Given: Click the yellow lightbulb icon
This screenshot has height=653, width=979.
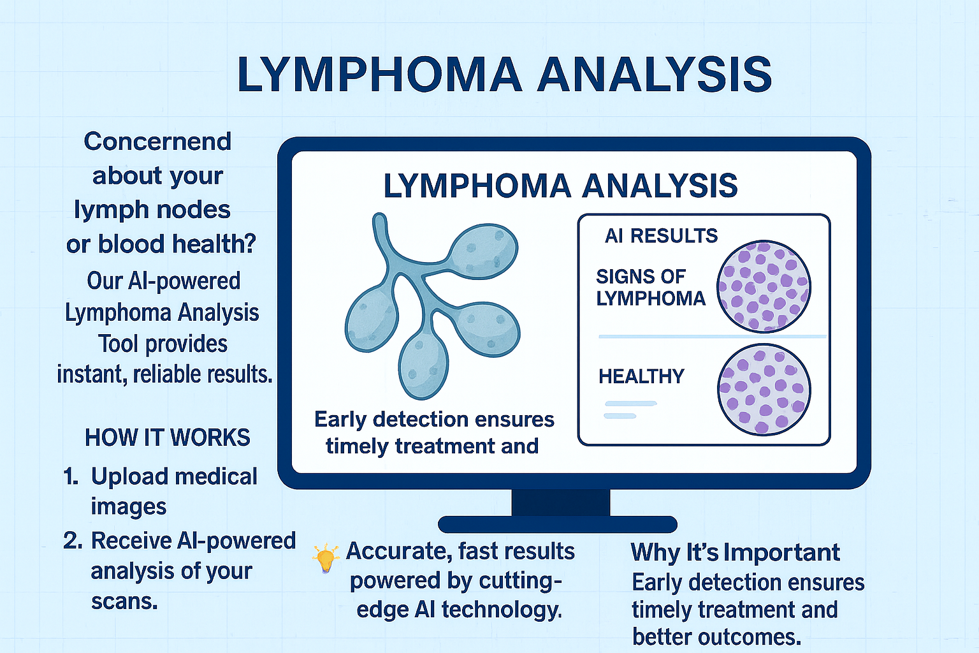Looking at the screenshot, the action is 326,557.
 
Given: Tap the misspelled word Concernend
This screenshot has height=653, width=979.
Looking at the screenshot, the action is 157,142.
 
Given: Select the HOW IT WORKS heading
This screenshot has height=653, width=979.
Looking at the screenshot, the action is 168,437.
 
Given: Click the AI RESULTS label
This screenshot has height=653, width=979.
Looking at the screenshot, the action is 661,236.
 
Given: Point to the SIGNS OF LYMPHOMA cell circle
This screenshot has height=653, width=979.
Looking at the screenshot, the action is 764,286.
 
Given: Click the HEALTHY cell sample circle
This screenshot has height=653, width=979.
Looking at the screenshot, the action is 764,390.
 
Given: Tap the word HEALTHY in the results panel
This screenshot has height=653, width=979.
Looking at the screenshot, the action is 641,376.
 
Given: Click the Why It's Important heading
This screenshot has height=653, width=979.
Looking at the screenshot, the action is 735,552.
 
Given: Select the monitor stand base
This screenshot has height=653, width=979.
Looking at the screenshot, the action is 558,524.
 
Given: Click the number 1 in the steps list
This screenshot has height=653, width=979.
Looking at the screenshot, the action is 71,476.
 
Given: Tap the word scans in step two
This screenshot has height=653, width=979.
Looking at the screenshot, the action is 124,602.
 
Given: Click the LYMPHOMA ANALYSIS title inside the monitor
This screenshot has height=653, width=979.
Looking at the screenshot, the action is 560,186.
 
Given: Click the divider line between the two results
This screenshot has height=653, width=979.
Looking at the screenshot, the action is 713,337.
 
